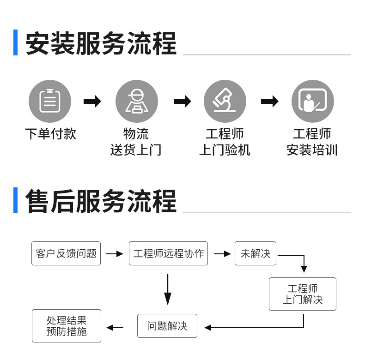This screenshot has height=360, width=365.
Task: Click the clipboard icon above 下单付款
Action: [x=50, y=102]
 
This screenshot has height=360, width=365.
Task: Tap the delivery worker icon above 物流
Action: [x=136, y=102]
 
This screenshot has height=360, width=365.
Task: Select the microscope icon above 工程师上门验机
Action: [x=225, y=102]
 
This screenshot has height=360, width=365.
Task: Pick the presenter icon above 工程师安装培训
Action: [x=312, y=102]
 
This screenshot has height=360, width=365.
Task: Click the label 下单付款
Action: [x=50, y=134]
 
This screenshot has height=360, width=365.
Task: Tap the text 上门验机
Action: [x=225, y=150]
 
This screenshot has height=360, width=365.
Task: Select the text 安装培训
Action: [x=312, y=150]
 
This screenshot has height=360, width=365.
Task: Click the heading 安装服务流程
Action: [x=101, y=43]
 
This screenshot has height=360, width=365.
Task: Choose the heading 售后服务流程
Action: [x=101, y=201]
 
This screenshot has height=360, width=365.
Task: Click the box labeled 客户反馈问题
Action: [x=66, y=253]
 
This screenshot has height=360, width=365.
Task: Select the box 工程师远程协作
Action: [x=168, y=253]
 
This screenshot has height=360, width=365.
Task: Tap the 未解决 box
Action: [x=255, y=253]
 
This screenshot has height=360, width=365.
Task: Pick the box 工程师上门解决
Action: [x=303, y=294]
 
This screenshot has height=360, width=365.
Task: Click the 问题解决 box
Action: [x=167, y=326]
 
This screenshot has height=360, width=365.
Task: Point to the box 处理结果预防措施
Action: [x=67, y=326]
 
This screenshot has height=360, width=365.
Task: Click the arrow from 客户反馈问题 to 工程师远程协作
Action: [x=115, y=254]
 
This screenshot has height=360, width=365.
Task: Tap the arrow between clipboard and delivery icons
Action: [x=92, y=102]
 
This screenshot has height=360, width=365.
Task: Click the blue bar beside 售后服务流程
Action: [x=16, y=201]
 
